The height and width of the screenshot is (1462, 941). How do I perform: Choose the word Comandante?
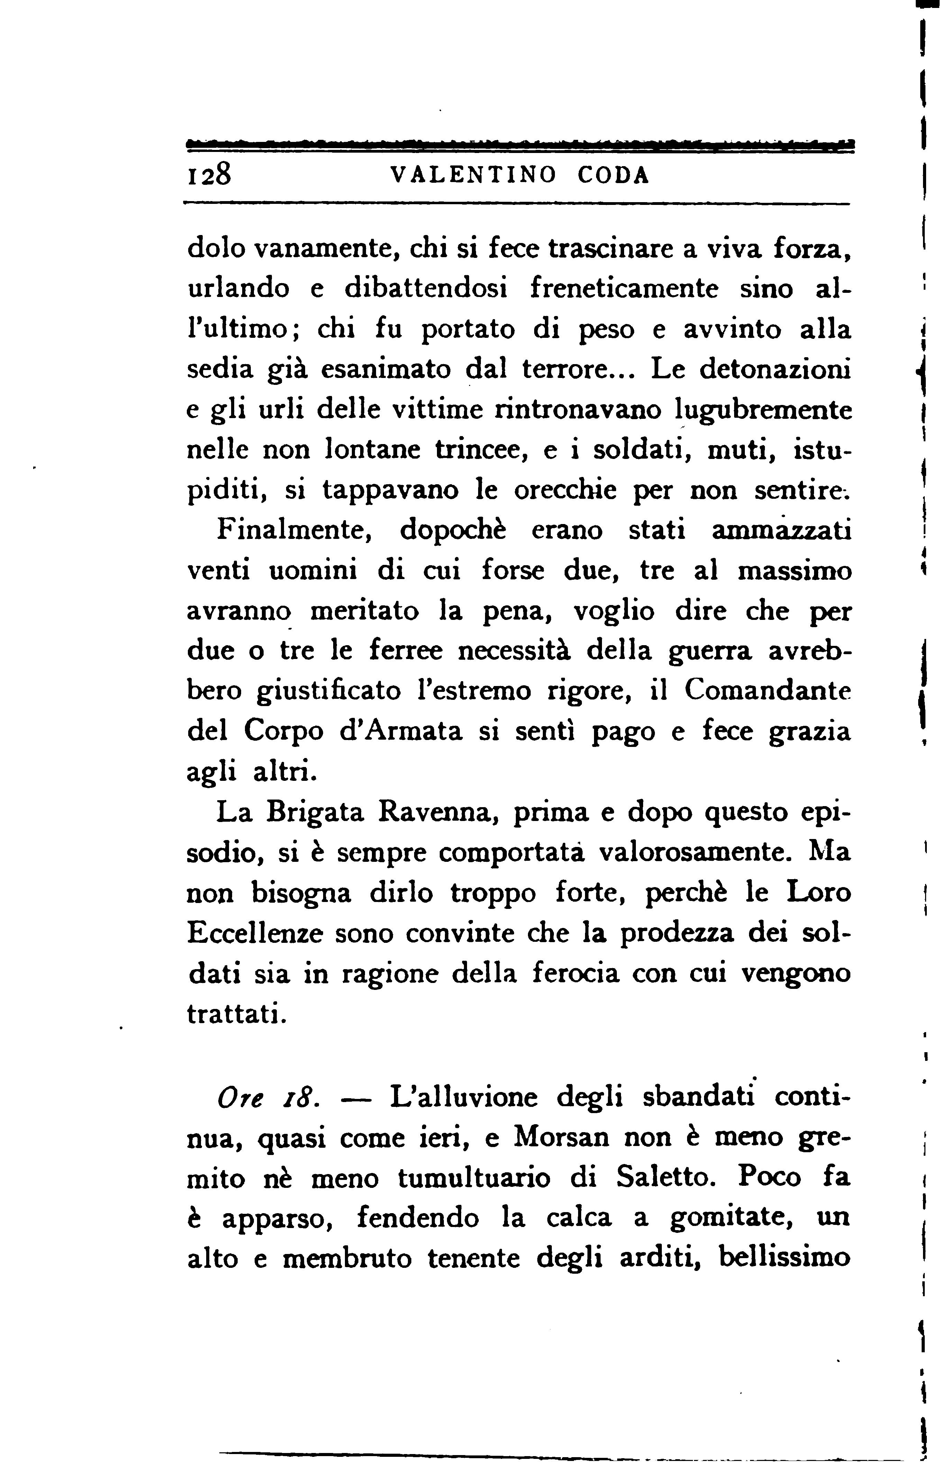(767, 691)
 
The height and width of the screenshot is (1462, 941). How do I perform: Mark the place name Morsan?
(561, 1137)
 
